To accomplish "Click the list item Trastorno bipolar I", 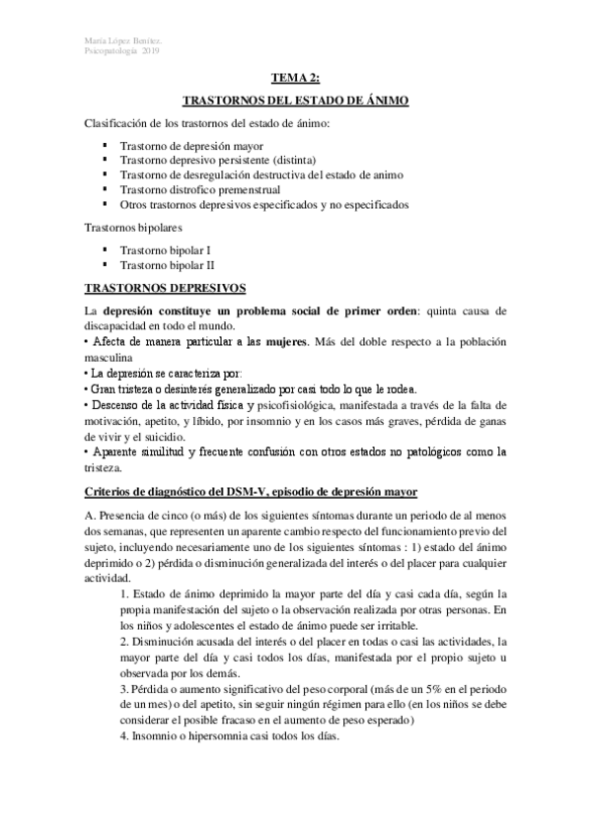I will click(165, 250).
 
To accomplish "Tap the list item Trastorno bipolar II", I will click(167, 265).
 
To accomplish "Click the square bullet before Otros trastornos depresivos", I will click(105, 203).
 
